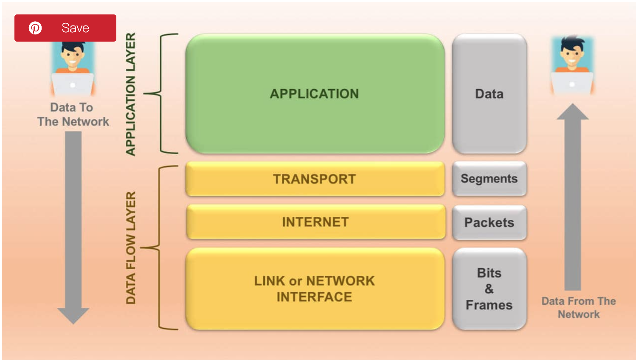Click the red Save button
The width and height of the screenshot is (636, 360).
click(x=65, y=28)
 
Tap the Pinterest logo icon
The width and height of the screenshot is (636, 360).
click(x=35, y=28)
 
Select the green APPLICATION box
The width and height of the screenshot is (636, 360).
click(x=315, y=93)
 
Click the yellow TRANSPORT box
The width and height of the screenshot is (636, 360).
click(x=315, y=179)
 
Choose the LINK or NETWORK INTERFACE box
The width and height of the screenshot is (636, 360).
click(x=315, y=289)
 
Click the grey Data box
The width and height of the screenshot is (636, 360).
click(x=489, y=93)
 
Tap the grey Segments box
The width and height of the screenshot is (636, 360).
click(x=489, y=179)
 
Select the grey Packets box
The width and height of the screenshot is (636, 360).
click(x=489, y=222)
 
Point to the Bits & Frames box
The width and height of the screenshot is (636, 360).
click(x=489, y=289)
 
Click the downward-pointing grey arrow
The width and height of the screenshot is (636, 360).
click(x=73, y=225)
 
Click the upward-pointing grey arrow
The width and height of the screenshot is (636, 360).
click(x=572, y=200)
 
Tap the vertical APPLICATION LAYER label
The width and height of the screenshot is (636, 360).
click(x=130, y=94)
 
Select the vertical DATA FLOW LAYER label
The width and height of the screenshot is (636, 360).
click(x=130, y=247)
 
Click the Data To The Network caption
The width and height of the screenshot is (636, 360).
click(x=73, y=115)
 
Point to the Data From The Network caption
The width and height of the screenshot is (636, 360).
click(x=579, y=307)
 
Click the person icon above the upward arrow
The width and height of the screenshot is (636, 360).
click(x=572, y=66)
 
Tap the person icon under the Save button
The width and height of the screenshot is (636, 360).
click(x=73, y=68)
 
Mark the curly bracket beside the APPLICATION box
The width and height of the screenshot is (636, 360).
click(x=161, y=93)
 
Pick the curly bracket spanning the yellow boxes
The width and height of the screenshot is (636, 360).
click(x=160, y=247)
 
